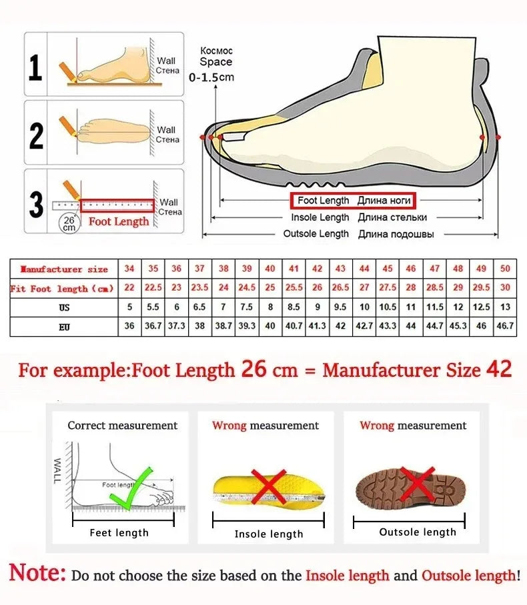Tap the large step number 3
(36, 205)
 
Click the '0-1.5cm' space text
(211, 77)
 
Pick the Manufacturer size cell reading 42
(317, 268)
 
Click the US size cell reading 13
(505, 308)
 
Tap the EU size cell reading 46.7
(505, 327)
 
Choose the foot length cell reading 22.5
(153, 288)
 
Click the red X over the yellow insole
(268, 488)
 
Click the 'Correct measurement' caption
(122, 426)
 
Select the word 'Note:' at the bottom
(37, 574)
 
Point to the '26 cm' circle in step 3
(69, 223)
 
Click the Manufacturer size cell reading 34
(129, 268)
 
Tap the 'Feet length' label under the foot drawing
(119, 532)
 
